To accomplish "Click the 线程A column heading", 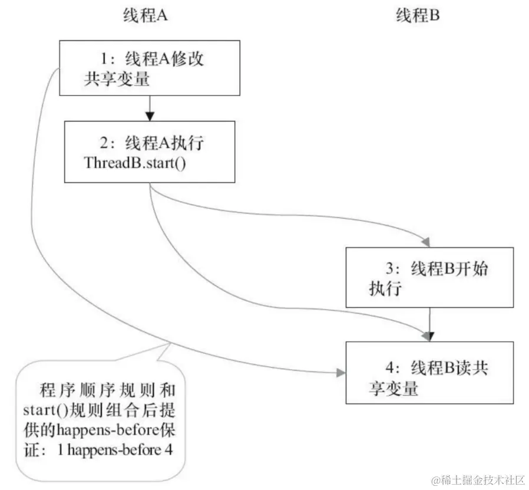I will pyautogui.click(x=146, y=17).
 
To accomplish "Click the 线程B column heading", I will pyautogui.click(x=418, y=17).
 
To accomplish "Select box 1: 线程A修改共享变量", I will pyautogui.click(x=150, y=69).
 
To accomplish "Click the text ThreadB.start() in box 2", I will pyautogui.click(x=135, y=162).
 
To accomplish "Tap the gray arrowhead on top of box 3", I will pyautogui.click(x=427, y=241).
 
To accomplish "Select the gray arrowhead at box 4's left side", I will pyautogui.click(x=340, y=373).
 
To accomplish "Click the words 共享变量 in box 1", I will pyautogui.click(x=116, y=79).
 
